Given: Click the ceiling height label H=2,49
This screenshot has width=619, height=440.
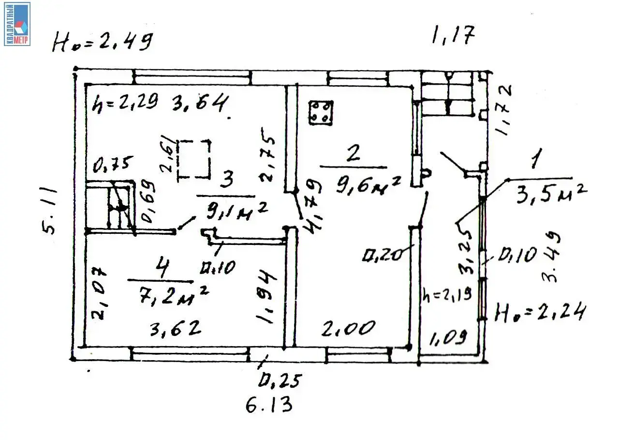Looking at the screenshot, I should click(x=103, y=43).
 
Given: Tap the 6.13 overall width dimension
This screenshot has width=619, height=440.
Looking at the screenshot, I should click(x=269, y=404).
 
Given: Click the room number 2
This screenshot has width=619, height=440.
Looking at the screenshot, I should click(x=354, y=154).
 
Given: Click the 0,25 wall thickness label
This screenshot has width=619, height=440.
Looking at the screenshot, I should click(x=280, y=381).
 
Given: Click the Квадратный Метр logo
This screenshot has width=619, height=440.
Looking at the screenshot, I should click(x=17, y=24).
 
